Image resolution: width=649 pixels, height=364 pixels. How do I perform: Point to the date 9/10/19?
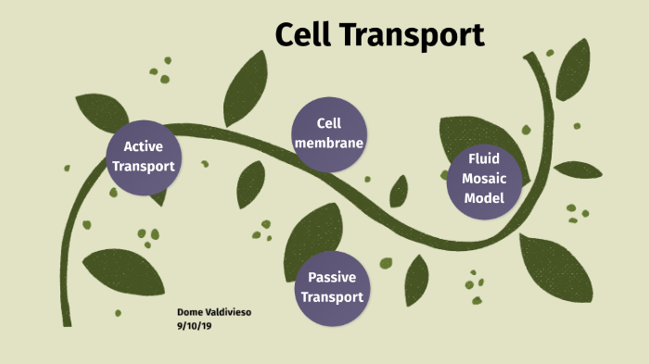click(x=193, y=325)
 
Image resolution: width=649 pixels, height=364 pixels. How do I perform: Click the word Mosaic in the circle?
click(x=484, y=179)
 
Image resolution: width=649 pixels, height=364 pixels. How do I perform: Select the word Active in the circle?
click(x=143, y=146)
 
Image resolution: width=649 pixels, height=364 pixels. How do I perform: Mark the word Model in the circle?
click(x=484, y=198)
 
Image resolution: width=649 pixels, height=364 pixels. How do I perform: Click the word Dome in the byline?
click(x=189, y=312)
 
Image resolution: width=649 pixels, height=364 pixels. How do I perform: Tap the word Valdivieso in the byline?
click(x=226, y=312)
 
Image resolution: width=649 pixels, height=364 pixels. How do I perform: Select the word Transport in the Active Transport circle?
click(x=143, y=166)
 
